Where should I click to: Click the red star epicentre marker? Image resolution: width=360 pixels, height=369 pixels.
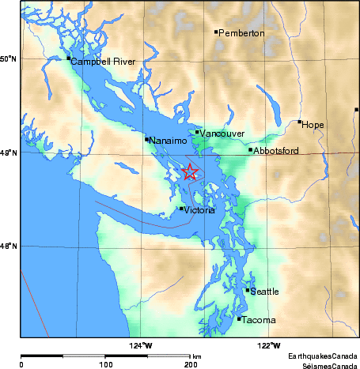pos(190,171)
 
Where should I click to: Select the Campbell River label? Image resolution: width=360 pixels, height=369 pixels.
pos(103,62)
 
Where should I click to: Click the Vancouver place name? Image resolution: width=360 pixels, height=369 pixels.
pos(222,134)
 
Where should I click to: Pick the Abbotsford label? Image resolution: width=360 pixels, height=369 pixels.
pos(276,150)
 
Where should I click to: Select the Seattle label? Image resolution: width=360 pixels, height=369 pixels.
pos(265,292)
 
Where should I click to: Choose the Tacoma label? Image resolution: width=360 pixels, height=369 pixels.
pos(259,320)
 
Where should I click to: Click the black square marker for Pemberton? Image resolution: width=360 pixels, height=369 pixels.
pos(216,32)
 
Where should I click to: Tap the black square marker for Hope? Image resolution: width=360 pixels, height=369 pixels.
pos(300,122)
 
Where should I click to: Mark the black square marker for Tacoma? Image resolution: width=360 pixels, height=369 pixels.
pos(239,319)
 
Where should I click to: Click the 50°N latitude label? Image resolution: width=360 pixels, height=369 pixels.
pos(8,59)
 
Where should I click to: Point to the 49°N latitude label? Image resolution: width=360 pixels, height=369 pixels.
pos(8,152)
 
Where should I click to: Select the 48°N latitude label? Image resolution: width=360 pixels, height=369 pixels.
pos(8,247)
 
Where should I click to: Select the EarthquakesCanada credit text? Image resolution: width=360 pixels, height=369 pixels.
pos(323,356)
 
